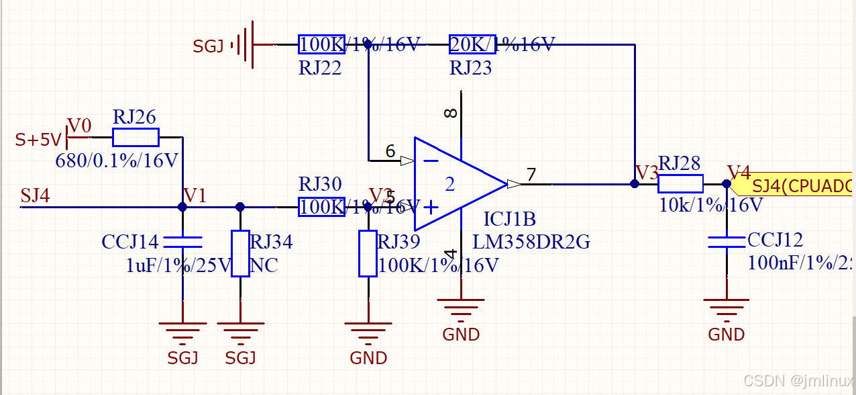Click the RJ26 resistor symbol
(136, 137)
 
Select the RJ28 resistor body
(680, 183)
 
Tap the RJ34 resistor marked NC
(240, 253)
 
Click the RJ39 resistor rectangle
(368, 253)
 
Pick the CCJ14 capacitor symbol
(182, 241)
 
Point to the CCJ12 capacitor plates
(727, 241)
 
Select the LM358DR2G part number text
(531, 242)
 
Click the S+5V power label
(38, 140)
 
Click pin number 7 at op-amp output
(531, 175)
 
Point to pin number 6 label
(390, 152)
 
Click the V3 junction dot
(634, 183)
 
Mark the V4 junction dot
(727, 183)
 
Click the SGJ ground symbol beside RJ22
(246, 45)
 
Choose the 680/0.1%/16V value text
(117, 161)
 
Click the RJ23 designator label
(470, 68)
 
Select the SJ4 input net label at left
(35, 195)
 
